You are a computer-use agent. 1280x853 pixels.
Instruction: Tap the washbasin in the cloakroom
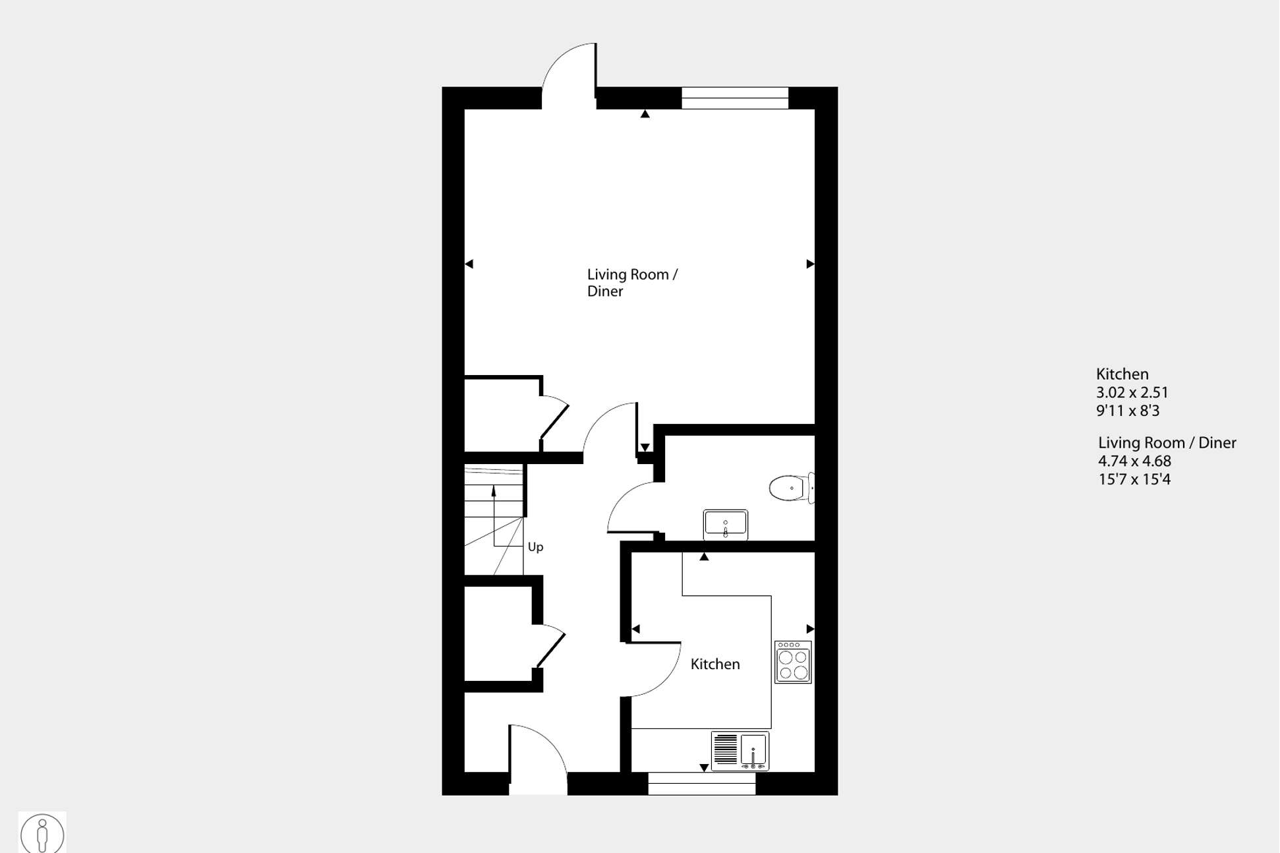725,524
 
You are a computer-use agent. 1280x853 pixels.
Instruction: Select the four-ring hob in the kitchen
793,662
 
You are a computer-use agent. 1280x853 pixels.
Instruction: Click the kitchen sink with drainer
740,750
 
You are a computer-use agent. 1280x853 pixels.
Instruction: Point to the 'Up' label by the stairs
535,547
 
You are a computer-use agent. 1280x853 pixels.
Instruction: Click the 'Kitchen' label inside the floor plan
715,664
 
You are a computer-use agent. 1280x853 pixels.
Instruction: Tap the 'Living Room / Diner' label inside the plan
632,283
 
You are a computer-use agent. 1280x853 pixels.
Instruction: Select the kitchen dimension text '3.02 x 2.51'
1132,393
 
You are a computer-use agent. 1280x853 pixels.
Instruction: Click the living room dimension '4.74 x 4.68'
1134,461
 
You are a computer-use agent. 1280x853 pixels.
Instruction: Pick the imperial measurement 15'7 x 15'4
1134,480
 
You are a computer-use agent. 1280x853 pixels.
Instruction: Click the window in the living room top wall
735,98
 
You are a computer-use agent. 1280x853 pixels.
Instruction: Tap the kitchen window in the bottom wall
701,784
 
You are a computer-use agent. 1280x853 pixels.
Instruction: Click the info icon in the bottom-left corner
42,833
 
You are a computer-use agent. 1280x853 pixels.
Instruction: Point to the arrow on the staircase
494,491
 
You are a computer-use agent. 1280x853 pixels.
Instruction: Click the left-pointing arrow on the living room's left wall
469,264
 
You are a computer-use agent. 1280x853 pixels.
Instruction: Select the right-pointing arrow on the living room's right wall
810,264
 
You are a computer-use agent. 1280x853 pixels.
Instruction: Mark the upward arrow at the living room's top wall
645,114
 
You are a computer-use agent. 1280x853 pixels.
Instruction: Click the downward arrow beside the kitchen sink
704,768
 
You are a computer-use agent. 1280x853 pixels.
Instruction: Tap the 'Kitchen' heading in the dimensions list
1122,374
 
